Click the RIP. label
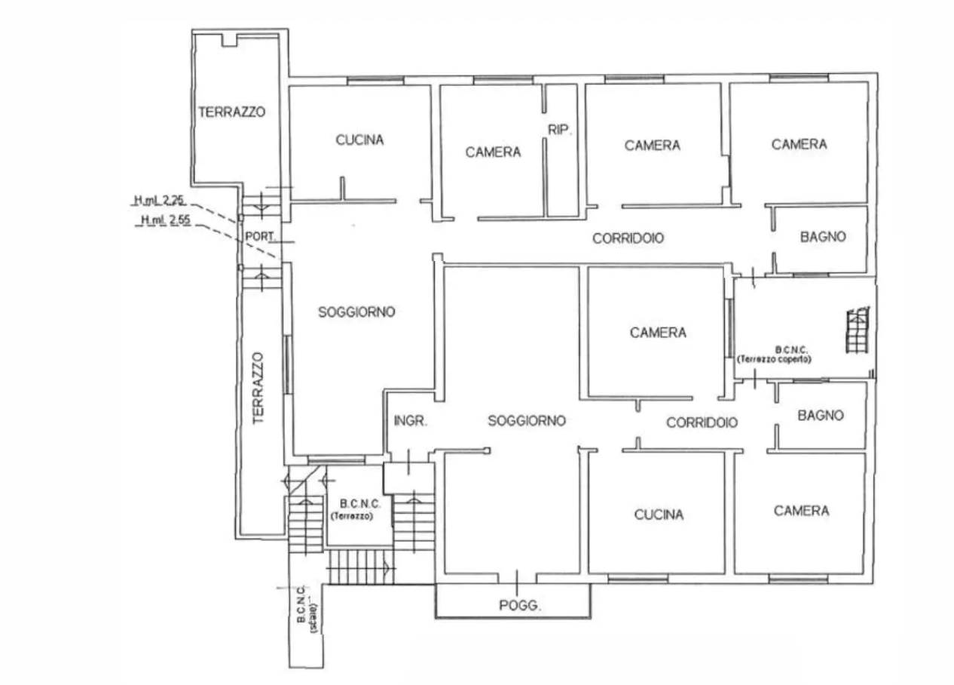(559, 130)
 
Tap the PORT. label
(259, 236)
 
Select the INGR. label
(410, 421)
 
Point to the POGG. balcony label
(520, 605)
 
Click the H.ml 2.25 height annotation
(159, 200)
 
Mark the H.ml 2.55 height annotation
(166, 220)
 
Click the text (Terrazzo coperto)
(774, 359)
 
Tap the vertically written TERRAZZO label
(258, 388)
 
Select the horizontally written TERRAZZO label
(231, 112)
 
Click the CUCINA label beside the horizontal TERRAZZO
(359, 140)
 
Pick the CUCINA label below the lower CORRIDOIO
(659, 515)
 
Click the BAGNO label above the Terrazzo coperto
(823, 237)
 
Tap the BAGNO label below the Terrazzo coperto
(821, 415)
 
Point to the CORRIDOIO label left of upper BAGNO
(628, 238)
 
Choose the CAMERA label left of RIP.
(493, 152)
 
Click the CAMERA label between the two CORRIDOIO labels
(658, 333)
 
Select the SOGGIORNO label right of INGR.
(527, 421)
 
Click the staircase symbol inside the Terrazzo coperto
(858, 330)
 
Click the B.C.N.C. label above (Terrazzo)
(360, 504)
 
